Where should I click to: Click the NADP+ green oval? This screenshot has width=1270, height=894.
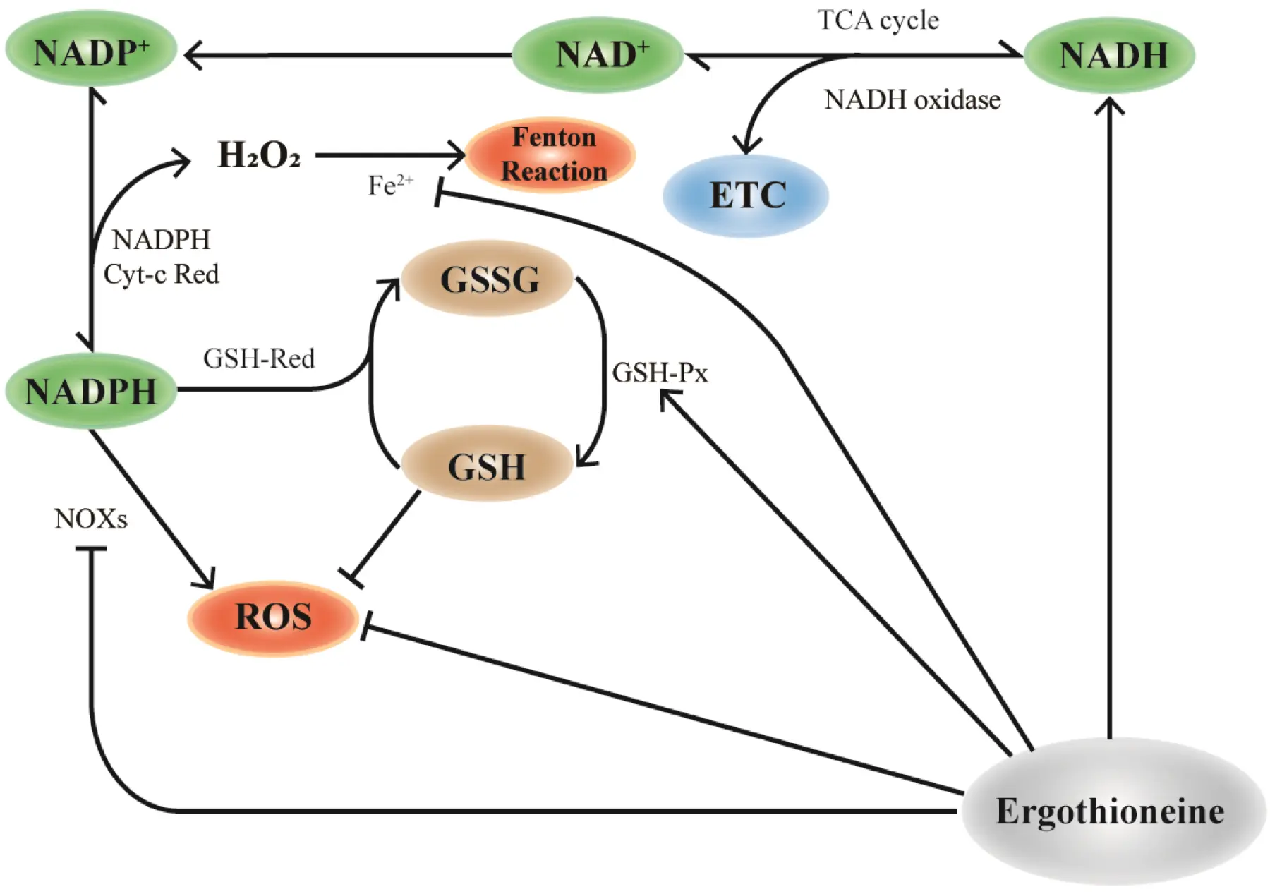pos(91,51)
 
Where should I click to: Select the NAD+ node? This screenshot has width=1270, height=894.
pos(598,54)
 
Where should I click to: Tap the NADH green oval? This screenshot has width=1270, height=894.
pos(1110,55)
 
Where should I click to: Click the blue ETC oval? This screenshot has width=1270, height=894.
pos(746,195)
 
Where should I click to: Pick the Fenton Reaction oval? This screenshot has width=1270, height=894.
pos(551,155)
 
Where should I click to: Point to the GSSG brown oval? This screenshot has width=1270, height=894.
pos(488,279)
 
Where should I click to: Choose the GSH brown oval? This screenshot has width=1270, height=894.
pos(487,466)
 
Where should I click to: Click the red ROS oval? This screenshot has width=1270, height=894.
pos(273,617)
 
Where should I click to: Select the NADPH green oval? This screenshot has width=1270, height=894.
pos(91,391)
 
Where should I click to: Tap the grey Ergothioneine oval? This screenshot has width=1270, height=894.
pos(1111,811)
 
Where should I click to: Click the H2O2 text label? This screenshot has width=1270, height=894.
pos(259,155)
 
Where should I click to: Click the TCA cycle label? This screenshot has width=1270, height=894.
pos(878,20)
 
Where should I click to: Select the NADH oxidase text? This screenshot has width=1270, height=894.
pos(912,99)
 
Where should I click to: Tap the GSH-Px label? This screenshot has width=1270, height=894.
pos(660,373)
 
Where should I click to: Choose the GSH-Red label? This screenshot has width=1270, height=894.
pos(259,358)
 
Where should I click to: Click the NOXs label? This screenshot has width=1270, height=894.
pos(91,519)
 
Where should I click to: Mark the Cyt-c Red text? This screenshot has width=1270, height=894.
pos(161,274)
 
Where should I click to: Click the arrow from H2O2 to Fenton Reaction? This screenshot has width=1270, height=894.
pos(388,155)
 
